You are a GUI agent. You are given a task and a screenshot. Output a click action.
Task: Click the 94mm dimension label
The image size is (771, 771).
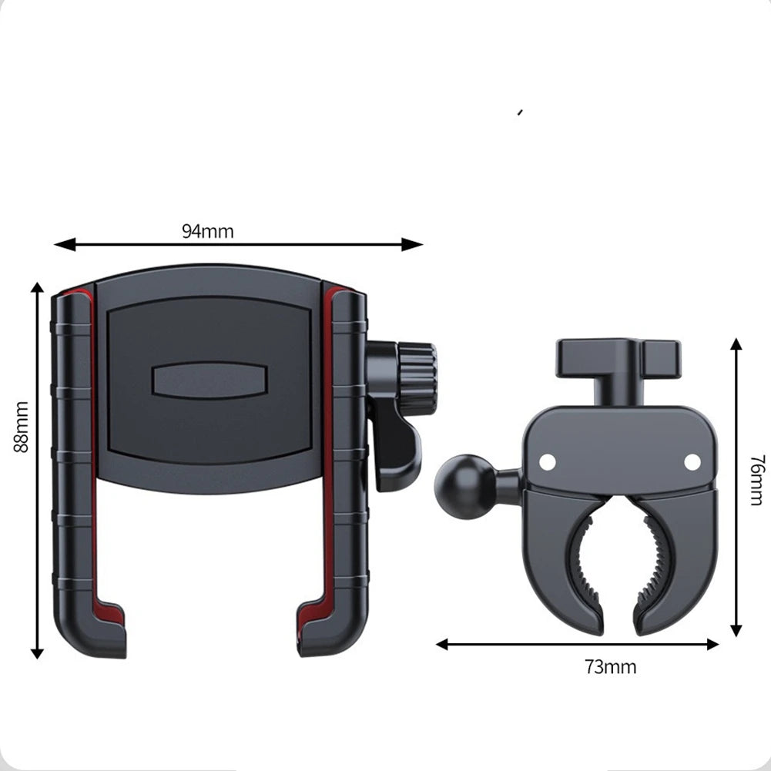pyautogui.click(x=207, y=231)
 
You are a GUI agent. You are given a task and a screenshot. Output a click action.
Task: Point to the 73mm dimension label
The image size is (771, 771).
pyautogui.click(x=610, y=667)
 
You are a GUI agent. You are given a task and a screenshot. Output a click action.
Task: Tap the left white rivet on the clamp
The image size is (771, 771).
pyautogui.click(x=547, y=461)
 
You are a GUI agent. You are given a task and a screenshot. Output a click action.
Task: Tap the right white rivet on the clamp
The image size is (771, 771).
pyautogui.click(x=692, y=461)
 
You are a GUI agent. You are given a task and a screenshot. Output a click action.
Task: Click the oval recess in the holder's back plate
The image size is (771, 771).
pyautogui.click(x=209, y=380)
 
